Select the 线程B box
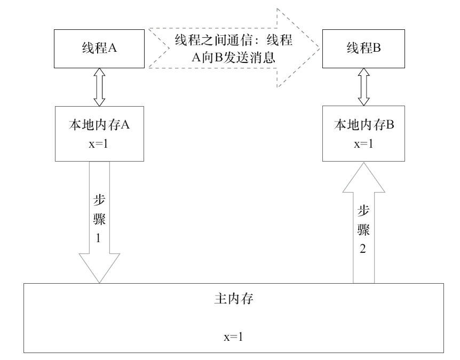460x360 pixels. [363, 47]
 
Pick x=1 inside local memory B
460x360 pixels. [363, 143]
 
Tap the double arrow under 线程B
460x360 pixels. [363, 88]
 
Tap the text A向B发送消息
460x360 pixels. [234, 58]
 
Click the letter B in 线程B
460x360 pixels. [376, 47]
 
